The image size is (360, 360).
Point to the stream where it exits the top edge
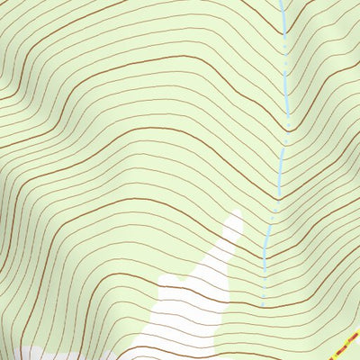[x=281, y=2]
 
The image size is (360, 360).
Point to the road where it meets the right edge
[x=358, y=332]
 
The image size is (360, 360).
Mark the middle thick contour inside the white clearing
[x=189, y=297]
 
